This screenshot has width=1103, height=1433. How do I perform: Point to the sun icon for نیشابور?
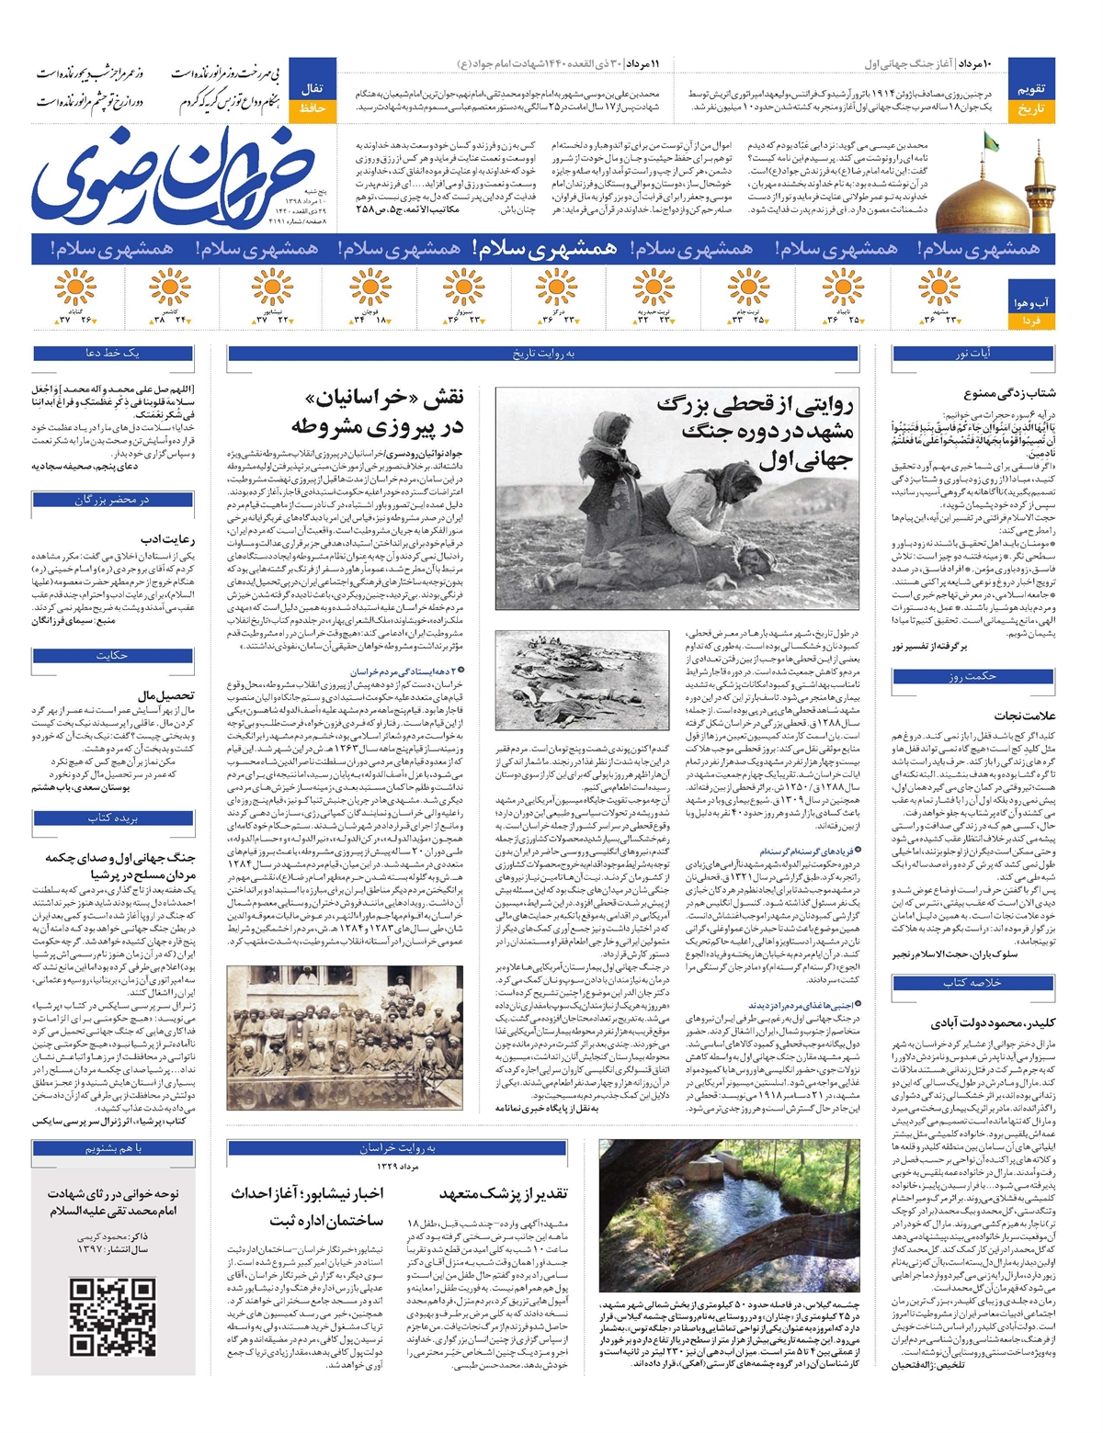point(271,288)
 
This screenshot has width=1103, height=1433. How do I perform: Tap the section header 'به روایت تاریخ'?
point(543,354)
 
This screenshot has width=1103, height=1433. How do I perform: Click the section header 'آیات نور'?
point(972,354)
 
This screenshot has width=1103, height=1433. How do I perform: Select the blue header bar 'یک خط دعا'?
point(113,354)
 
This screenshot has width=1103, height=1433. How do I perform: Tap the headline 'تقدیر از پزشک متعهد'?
point(503,1193)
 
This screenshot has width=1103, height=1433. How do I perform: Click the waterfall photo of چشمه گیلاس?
point(728,1214)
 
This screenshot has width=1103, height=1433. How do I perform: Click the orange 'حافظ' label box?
point(313,109)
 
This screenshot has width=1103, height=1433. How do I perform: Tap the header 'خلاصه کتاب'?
point(972,983)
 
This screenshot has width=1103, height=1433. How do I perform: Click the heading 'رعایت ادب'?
point(167,539)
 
